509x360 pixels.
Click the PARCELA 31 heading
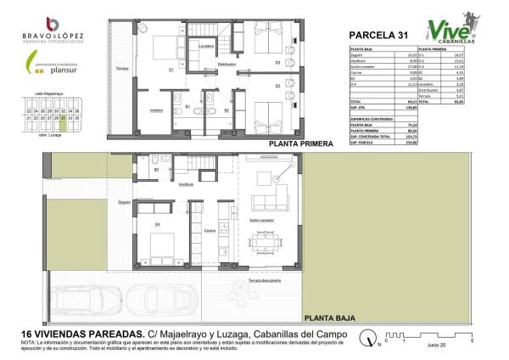pyautogui.click(x=378, y=35)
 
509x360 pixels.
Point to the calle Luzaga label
pyautogui.click(x=53, y=133)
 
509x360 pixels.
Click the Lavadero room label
pyautogui.click(x=206, y=45)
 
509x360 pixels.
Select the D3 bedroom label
pyautogui.click(x=277, y=62)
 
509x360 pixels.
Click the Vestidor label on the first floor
pyautogui.click(x=156, y=110)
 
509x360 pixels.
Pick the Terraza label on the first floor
pyautogui.click(x=120, y=67)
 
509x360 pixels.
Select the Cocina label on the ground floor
pyautogui.click(x=209, y=230)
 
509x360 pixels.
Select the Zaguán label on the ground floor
pyautogui.click(x=124, y=203)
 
